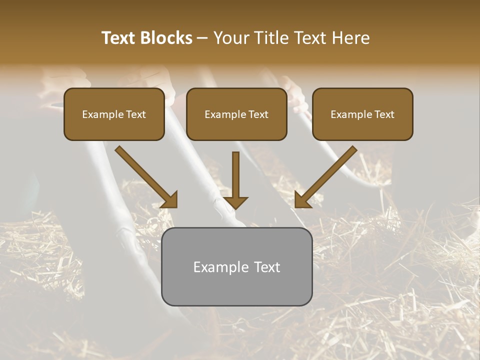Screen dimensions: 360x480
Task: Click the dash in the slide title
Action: coord(202,38)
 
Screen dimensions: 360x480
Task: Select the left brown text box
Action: coord(114,114)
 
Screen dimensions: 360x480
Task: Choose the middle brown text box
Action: coord(236,114)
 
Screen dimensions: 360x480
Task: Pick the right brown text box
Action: coord(362,114)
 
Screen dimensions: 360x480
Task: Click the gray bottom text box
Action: coord(236,266)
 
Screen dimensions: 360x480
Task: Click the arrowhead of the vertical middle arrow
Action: coord(235,202)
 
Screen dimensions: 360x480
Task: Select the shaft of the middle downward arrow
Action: coord(235,172)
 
